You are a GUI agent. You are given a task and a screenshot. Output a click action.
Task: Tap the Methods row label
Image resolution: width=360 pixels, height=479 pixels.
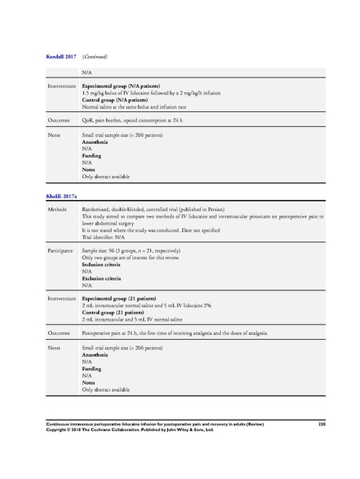(58, 210)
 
